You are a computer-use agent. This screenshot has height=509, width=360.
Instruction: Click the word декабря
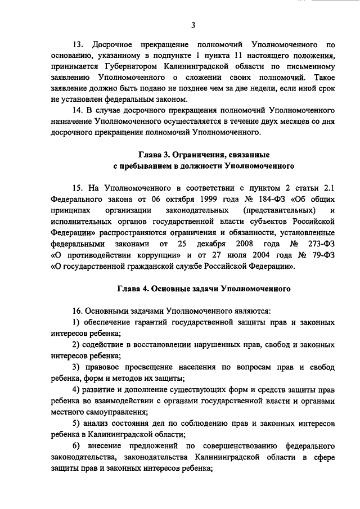[x=210, y=244]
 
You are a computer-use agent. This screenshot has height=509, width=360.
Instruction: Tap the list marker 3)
[x=78, y=367]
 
